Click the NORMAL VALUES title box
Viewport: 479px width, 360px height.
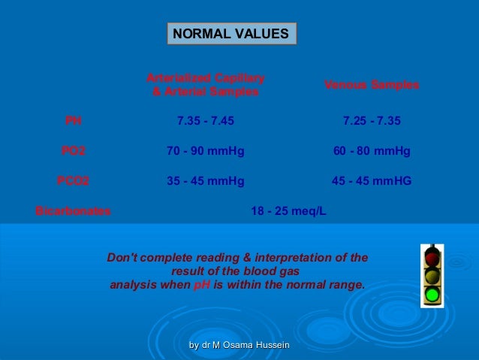click(231, 34)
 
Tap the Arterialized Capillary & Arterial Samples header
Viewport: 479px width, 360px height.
click(205, 85)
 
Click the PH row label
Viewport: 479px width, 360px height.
click(73, 120)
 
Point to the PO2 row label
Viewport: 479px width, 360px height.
click(73, 151)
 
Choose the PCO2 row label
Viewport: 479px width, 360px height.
click(73, 181)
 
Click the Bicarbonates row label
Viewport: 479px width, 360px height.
click(73, 211)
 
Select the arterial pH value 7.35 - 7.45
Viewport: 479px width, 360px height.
click(205, 120)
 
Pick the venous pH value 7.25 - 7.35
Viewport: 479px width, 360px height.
click(372, 120)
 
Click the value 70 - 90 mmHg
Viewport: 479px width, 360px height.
click(205, 151)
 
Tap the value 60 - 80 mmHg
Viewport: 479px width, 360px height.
click(372, 151)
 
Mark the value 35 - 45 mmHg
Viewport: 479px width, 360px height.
click(205, 181)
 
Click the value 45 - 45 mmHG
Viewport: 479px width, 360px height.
click(372, 181)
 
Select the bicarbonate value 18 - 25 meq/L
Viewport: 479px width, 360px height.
click(288, 211)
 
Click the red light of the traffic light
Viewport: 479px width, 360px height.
click(432, 259)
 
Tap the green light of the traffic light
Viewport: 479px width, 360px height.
click(432, 294)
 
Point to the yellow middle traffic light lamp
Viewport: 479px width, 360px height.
click(432, 277)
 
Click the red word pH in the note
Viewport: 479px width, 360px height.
click(203, 285)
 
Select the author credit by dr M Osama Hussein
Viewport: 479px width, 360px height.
click(239, 344)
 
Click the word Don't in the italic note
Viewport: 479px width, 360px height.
click(122, 258)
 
